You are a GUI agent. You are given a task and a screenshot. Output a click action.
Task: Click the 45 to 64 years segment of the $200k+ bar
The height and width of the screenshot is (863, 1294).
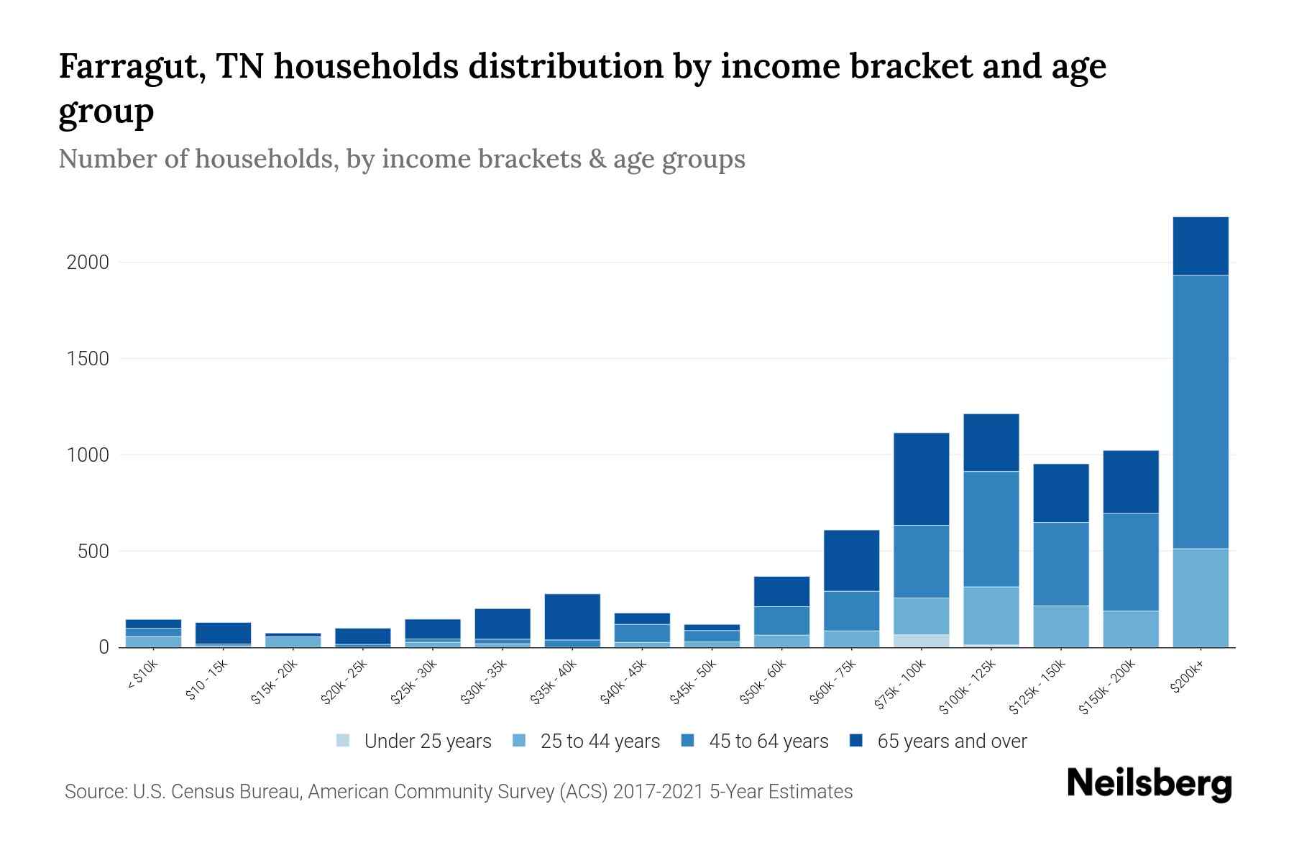click(x=1201, y=411)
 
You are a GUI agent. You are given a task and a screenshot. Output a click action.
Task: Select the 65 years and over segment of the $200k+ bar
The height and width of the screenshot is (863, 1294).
click(x=1201, y=246)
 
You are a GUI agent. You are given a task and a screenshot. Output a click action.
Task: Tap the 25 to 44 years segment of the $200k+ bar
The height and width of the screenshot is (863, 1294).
click(x=1201, y=598)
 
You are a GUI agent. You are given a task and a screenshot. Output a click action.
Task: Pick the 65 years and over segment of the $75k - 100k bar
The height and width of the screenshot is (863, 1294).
click(x=921, y=479)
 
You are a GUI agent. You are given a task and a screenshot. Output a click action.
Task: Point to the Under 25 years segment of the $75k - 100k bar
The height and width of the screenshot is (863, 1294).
click(x=921, y=641)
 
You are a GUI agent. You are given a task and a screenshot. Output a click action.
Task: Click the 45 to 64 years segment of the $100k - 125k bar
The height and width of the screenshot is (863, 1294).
click(x=991, y=529)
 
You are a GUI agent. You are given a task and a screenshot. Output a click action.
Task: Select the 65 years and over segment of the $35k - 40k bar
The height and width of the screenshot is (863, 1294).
click(x=572, y=616)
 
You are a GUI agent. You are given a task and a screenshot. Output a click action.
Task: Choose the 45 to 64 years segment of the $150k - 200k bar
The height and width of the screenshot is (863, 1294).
click(x=1131, y=562)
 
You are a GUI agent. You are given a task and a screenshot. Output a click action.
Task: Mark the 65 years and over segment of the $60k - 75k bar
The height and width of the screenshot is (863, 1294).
click(x=851, y=560)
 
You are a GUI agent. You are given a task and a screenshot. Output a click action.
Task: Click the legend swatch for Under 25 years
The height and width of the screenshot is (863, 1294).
click(x=344, y=741)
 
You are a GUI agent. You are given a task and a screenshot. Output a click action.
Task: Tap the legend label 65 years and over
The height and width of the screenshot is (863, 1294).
click(x=952, y=741)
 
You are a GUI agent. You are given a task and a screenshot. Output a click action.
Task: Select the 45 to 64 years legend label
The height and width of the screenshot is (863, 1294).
click(x=768, y=741)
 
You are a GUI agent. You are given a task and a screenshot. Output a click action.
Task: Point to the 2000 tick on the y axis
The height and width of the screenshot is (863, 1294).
click(x=88, y=262)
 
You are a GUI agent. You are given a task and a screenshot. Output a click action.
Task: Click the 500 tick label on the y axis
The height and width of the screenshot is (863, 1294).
click(x=93, y=552)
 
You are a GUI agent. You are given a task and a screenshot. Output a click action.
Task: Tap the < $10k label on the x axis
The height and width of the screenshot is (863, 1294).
click(x=142, y=675)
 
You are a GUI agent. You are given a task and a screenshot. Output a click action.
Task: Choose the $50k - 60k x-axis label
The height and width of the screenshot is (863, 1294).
click(x=764, y=682)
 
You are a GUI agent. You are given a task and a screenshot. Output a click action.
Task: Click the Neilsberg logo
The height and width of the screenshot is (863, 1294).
click(x=1149, y=784)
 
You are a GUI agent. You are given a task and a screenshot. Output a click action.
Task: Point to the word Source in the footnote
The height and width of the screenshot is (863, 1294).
click(x=94, y=792)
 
